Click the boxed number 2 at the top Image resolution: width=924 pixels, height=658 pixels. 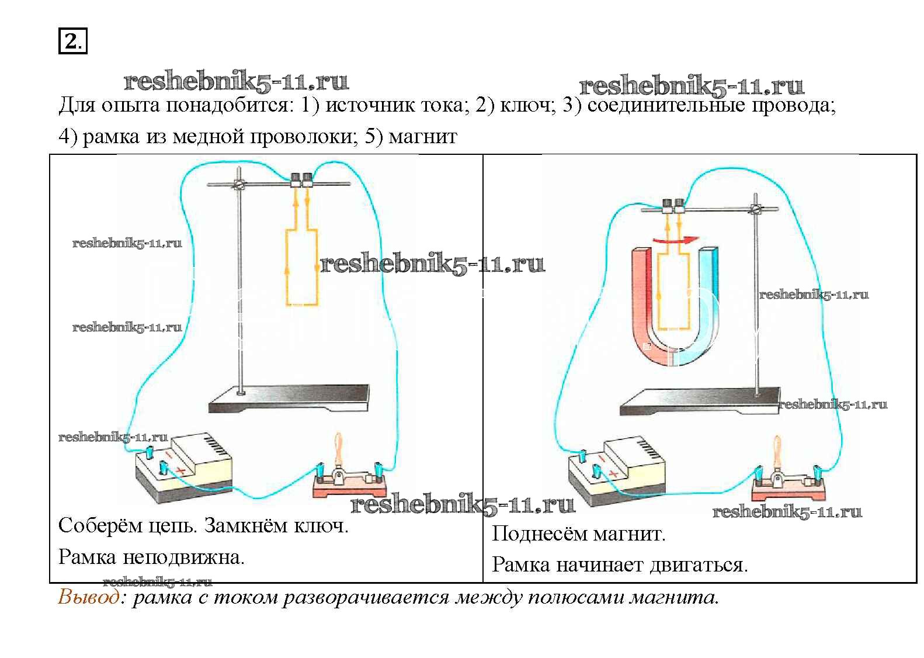click(72, 41)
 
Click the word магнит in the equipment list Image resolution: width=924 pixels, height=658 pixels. click(422, 137)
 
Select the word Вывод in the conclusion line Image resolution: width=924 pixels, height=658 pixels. click(88, 597)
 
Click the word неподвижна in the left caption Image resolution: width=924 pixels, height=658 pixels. click(183, 557)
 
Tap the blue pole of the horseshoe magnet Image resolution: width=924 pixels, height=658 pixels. click(708, 298)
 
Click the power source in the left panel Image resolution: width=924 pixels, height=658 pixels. click(184, 467)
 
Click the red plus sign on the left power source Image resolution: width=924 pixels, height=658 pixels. click(180, 470)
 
